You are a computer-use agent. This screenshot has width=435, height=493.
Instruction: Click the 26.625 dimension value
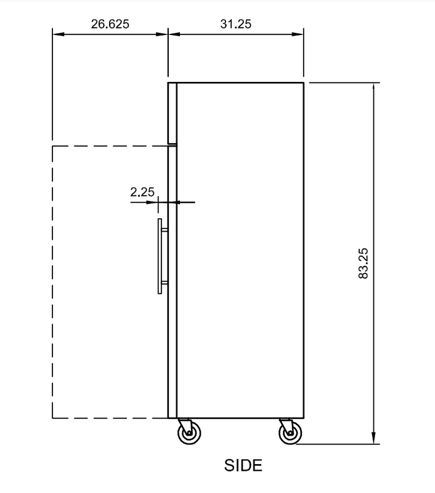(x=110, y=24)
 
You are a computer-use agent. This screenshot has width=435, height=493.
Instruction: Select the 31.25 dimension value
(x=235, y=24)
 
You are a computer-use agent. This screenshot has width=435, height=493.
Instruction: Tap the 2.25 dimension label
(x=142, y=192)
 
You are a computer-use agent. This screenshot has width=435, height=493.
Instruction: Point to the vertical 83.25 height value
(x=363, y=263)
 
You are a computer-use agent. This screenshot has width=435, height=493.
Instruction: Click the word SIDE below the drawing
(x=243, y=465)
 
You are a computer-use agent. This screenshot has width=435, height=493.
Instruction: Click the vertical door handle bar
(x=159, y=256)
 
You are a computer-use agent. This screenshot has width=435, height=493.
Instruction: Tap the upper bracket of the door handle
(x=165, y=230)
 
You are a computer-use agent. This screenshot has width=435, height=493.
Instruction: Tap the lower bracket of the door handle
(x=165, y=283)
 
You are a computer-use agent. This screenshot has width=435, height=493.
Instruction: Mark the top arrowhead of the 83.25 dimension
(x=373, y=86)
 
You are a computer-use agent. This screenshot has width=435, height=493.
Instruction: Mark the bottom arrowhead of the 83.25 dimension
(x=373, y=439)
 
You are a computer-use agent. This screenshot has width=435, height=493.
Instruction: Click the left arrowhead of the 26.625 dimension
(x=56, y=34)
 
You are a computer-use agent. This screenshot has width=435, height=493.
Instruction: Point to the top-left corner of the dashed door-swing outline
(x=52, y=146)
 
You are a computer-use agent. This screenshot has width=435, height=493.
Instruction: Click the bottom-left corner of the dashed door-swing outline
(x=52, y=418)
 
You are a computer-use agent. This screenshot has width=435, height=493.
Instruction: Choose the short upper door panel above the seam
(x=173, y=112)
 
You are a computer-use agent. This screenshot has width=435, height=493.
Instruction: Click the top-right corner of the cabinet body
(x=303, y=82)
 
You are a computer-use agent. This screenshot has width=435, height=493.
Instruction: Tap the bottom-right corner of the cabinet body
(x=303, y=418)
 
